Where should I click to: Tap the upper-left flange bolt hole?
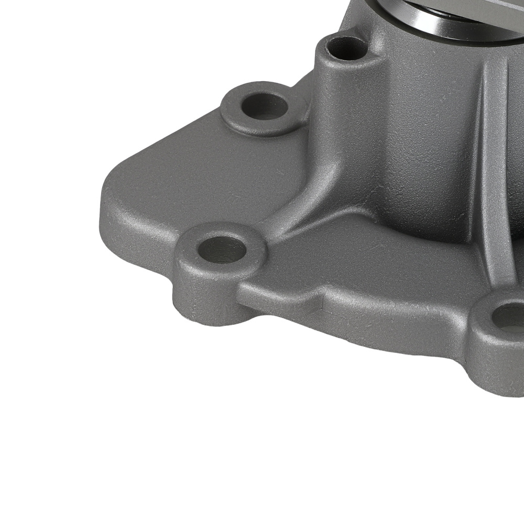point(265,107)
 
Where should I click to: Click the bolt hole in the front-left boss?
point(222,249)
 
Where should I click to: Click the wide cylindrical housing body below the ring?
point(419,131)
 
